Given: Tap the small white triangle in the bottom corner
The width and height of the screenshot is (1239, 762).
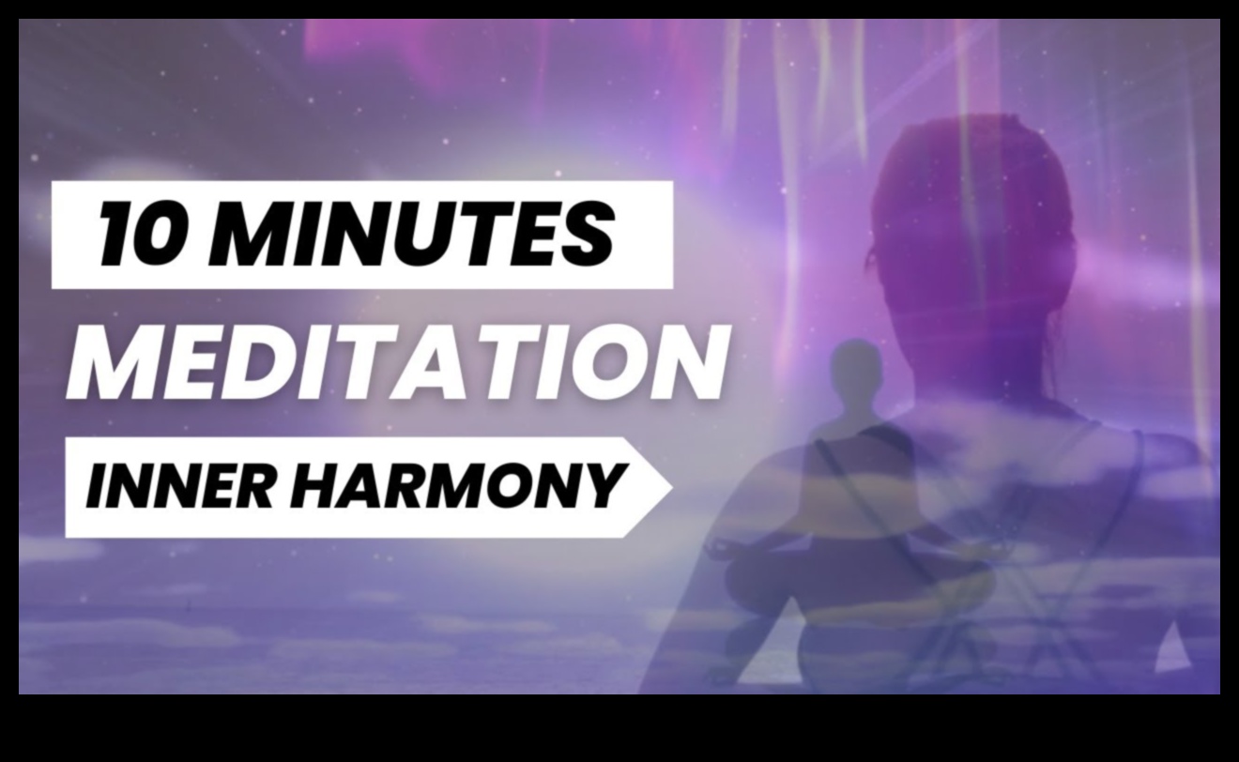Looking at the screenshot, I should pyautogui.click(x=1172, y=648).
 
